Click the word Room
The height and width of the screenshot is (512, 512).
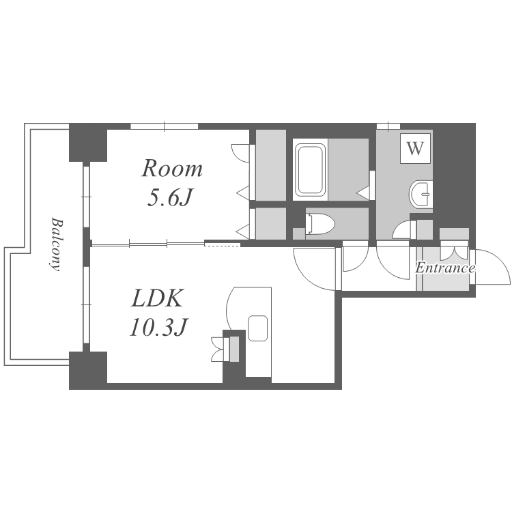(172, 169)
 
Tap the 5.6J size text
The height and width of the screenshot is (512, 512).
(169, 197)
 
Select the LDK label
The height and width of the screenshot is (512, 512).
(156, 298)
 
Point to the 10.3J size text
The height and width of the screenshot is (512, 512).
(158, 327)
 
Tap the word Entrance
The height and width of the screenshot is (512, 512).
(444, 268)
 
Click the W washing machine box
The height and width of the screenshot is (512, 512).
(415, 148)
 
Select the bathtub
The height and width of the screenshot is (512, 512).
(310, 169)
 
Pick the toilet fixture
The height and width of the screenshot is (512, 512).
(320, 224)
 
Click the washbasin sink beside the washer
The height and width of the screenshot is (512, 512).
(421, 194)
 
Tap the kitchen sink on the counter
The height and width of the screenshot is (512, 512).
(257, 328)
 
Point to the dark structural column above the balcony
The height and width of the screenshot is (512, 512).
(88, 143)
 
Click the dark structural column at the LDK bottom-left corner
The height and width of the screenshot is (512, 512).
(88, 370)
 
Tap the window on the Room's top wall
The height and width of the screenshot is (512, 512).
(165, 126)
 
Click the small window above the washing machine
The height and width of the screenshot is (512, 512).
(388, 126)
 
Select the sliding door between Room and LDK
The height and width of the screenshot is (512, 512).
(148, 244)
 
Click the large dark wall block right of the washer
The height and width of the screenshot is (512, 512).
(454, 176)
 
